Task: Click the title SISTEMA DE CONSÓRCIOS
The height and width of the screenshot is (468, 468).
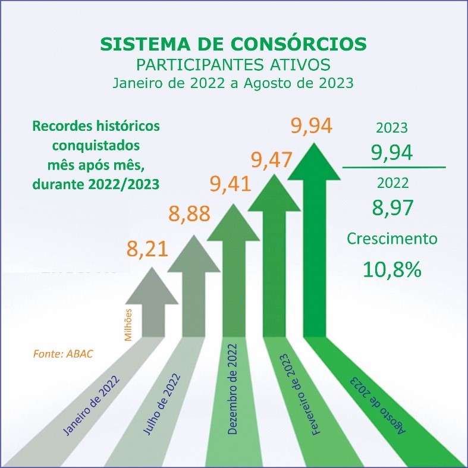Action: [234, 44]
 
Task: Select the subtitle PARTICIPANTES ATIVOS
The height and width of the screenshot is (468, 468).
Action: [234, 64]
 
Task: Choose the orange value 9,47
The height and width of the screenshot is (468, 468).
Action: [271, 159]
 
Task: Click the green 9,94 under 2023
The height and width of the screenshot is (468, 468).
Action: [391, 153]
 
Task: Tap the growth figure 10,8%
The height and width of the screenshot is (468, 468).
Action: [392, 269]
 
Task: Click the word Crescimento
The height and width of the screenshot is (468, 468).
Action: [392, 239]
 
